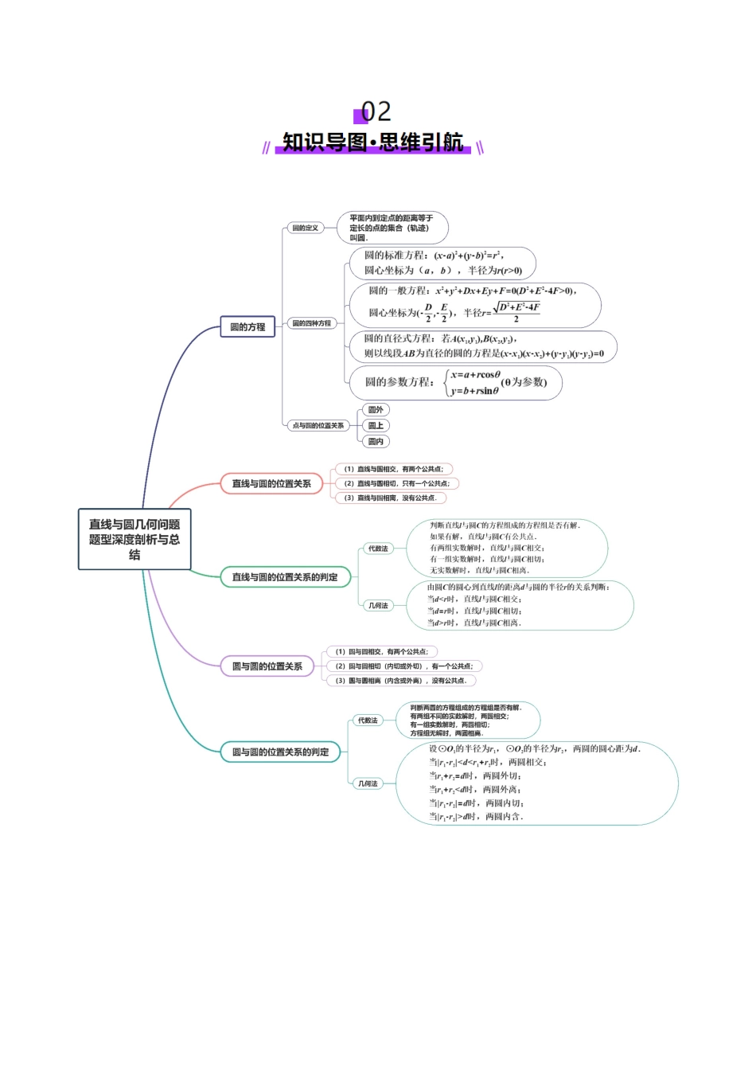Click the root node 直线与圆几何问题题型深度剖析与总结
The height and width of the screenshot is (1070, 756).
tap(134, 539)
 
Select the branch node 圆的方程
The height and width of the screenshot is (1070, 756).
tap(247, 327)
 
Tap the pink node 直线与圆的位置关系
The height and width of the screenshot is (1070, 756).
tap(271, 483)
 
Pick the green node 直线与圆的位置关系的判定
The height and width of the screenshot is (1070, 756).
tap(285, 577)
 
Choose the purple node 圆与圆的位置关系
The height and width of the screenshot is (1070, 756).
tap(267, 666)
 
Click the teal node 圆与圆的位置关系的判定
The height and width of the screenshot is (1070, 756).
tap(280, 752)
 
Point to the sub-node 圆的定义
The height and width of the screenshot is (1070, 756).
tap(305, 228)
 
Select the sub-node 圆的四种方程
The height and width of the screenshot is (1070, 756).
tap(311, 323)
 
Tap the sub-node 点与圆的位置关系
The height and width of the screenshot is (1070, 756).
tap(318, 425)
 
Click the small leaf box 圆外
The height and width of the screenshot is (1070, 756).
tap(376, 410)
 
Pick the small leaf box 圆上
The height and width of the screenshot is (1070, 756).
tap(376, 426)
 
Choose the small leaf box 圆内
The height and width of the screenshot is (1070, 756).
tap(376, 441)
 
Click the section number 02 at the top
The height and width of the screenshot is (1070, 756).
tap(376, 111)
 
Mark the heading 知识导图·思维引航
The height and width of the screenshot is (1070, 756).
tap(373, 143)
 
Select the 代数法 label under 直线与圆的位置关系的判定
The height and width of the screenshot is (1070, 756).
tap(378, 549)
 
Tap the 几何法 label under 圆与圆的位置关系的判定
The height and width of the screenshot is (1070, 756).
tap(368, 783)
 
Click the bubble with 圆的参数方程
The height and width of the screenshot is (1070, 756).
tap(455, 383)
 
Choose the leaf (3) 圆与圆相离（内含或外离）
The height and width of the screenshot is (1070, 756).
tap(400, 681)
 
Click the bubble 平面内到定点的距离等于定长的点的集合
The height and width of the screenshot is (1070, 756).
tap(392, 228)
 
